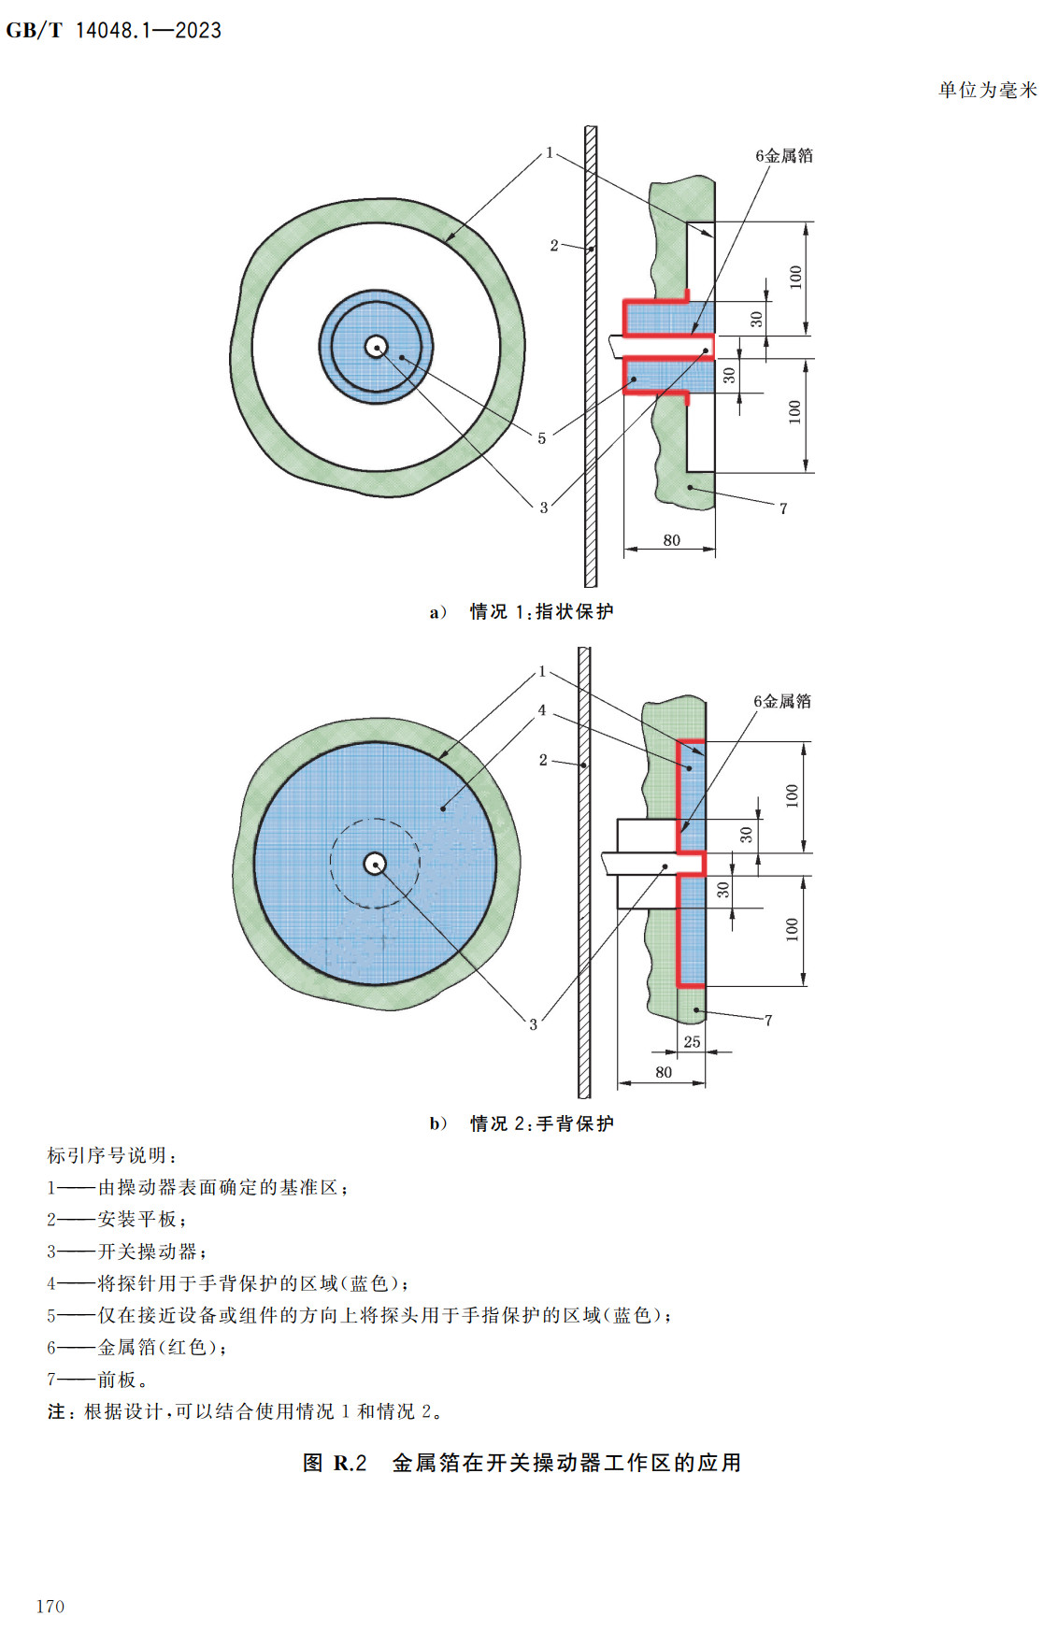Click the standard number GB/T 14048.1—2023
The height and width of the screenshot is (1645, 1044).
(113, 30)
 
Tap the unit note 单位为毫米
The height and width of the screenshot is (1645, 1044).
(987, 90)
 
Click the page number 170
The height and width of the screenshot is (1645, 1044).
(50, 1606)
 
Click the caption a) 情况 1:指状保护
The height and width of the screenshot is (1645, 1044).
(522, 611)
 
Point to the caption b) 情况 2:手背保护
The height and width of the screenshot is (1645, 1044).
(522, 1123)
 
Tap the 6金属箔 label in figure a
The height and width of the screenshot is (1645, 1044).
(784, 155)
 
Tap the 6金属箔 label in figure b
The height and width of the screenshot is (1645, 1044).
(782, 701)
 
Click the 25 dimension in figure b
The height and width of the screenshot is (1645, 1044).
(692, 1041)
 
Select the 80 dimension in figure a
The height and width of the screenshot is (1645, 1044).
(671, 540)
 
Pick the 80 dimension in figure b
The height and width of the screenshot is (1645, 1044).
(664, 1072)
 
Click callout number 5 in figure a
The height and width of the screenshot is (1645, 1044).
(541, 437)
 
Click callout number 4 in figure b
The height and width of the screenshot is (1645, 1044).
(541, 710)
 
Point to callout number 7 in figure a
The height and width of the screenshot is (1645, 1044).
(783, 508)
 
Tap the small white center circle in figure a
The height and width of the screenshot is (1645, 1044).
(376, 347)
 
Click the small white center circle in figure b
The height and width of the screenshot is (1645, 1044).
(375, 864)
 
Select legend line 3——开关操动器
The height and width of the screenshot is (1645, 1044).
(127, 1252)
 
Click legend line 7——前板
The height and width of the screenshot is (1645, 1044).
(97, 1380)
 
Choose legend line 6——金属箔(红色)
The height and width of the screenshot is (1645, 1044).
(136, 1347)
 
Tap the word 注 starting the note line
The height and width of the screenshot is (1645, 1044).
(56, 1411)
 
